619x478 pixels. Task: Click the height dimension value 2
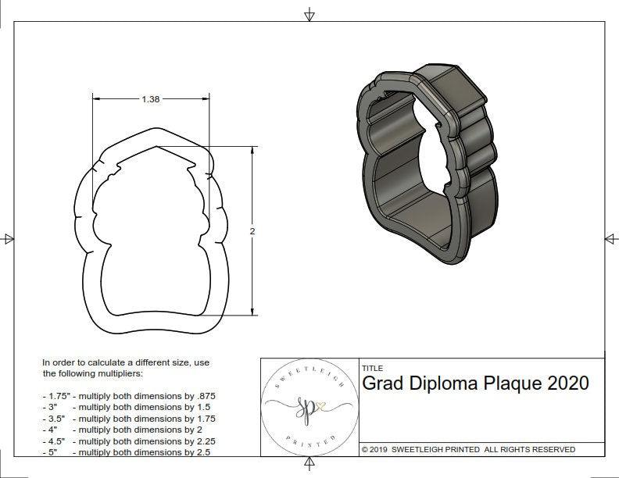pos(252,231)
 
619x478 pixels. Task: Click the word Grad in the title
pos(382,383)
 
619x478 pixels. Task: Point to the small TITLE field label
pos(372,368)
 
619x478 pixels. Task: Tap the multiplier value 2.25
pos(203,441)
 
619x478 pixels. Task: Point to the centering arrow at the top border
pos(309,14)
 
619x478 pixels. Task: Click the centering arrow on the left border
pos(8,239)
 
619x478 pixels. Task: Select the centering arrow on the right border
pos(610,239)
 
